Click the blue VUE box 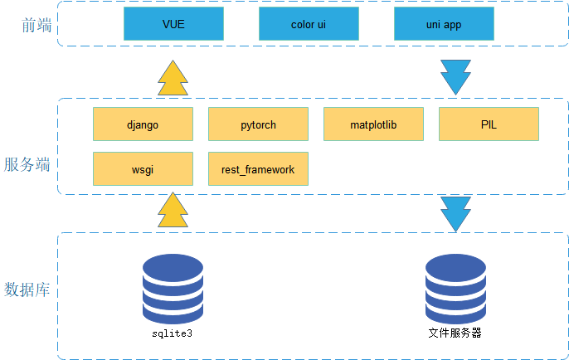click(x=173, y=24)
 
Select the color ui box click(x=309, y=24)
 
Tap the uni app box click(x=444, y=24)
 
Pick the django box click(x=143, y=124)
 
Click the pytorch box click(x=258, y=124)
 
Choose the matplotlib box click(x=373, y=124)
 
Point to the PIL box click(x=489, y=124)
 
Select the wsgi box click(x=143, y=168)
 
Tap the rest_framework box click(x=258, y=168)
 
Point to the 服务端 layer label click(x=27, y=163)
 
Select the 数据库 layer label click(x=27, y=289)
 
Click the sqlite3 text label click(x=173, y=333)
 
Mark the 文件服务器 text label click(x=455, y=333)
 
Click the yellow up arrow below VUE click(x=173, y=79)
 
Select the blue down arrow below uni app click(x=456, y=76)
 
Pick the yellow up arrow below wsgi click(x=173, y=211)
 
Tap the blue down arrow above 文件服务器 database click(x=456, y=213)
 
